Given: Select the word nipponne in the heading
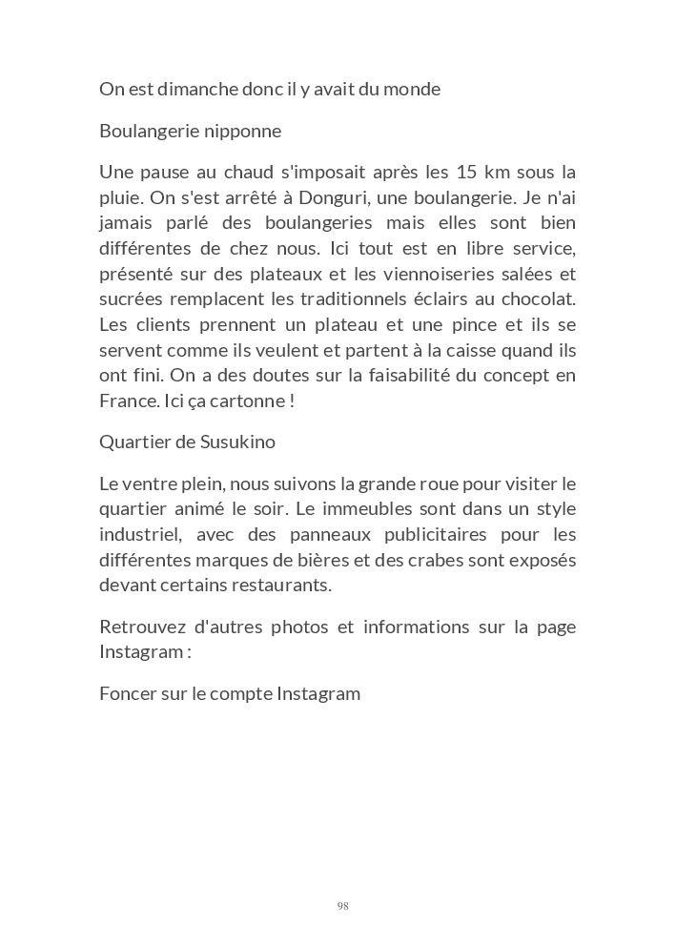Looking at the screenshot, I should (242, 131).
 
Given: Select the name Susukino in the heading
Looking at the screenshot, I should (239, 442).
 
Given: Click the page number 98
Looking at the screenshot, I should (342, 906).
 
